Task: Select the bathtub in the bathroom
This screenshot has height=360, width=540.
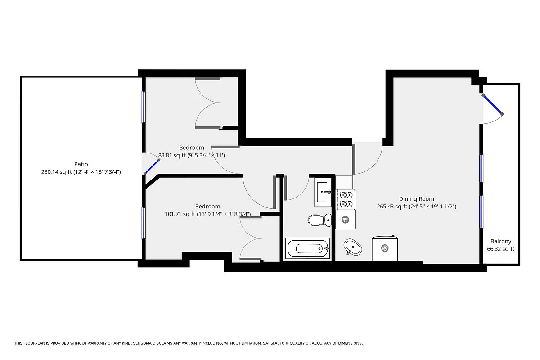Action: (x=308, y=248)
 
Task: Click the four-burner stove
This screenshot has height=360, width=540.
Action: (x=346, y=199)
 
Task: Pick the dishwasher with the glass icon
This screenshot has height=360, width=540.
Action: (x=346, y=220)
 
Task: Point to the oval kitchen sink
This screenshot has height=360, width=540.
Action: (x=352, y=247)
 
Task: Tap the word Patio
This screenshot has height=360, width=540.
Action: (x=81, y=164)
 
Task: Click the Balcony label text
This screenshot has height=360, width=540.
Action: (x=500, y=241)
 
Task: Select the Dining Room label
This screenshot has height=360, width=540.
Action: (x=416, y=199)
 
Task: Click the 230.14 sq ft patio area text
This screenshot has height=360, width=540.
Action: (x=81, y=172)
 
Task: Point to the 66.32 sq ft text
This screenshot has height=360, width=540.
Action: (x=500, y=249)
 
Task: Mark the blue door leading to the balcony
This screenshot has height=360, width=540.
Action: (x=492, y=104)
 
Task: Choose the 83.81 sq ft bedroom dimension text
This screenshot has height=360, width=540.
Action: (x=191, y=156)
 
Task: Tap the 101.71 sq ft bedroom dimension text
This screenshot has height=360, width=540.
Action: (x=207, y=214)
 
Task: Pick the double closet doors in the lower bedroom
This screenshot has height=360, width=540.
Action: (x=251, y=238)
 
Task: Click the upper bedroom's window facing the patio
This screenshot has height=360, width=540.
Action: (x=144, y=107)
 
